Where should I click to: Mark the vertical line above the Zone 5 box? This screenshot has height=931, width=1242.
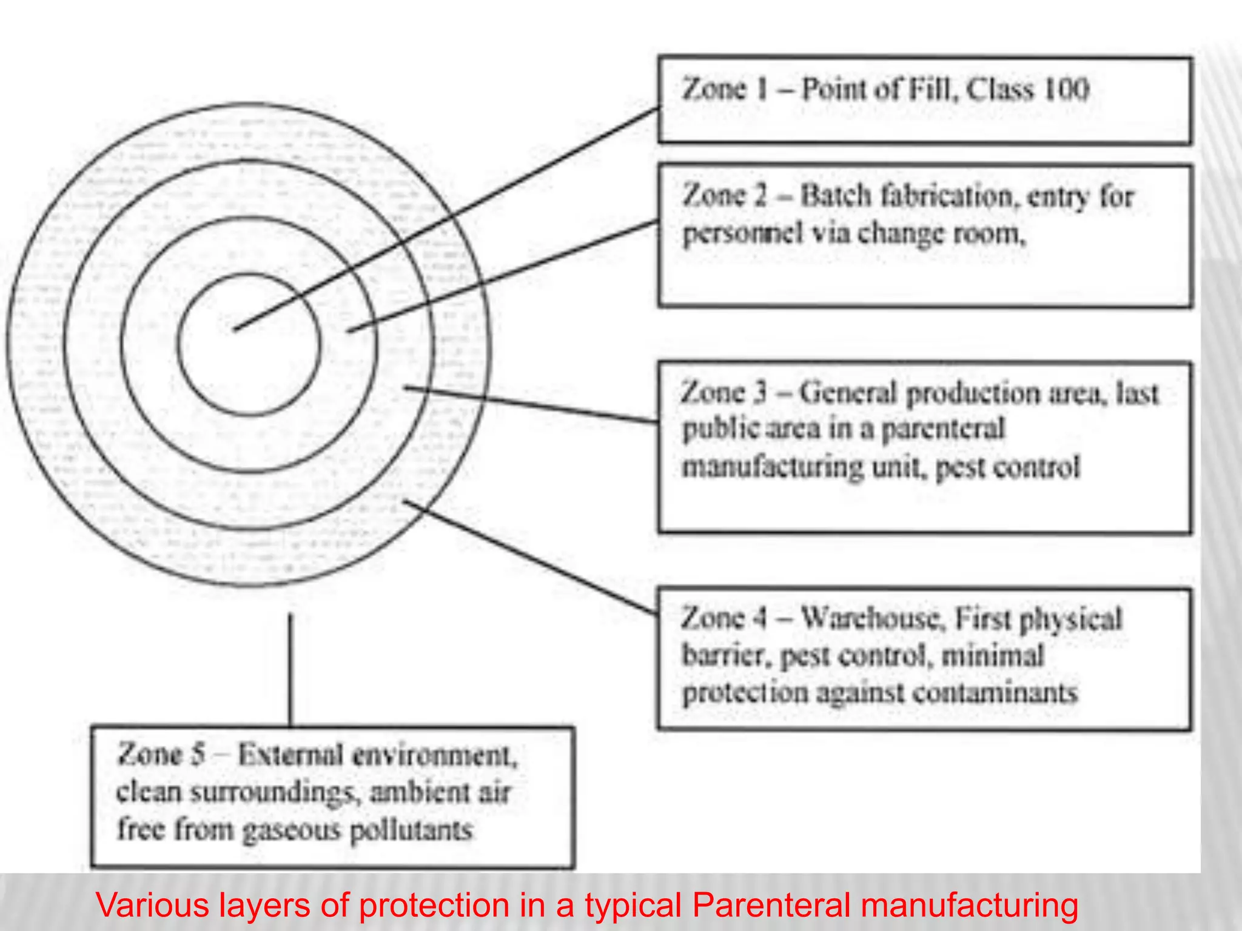290,670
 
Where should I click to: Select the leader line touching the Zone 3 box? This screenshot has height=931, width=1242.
534,404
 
